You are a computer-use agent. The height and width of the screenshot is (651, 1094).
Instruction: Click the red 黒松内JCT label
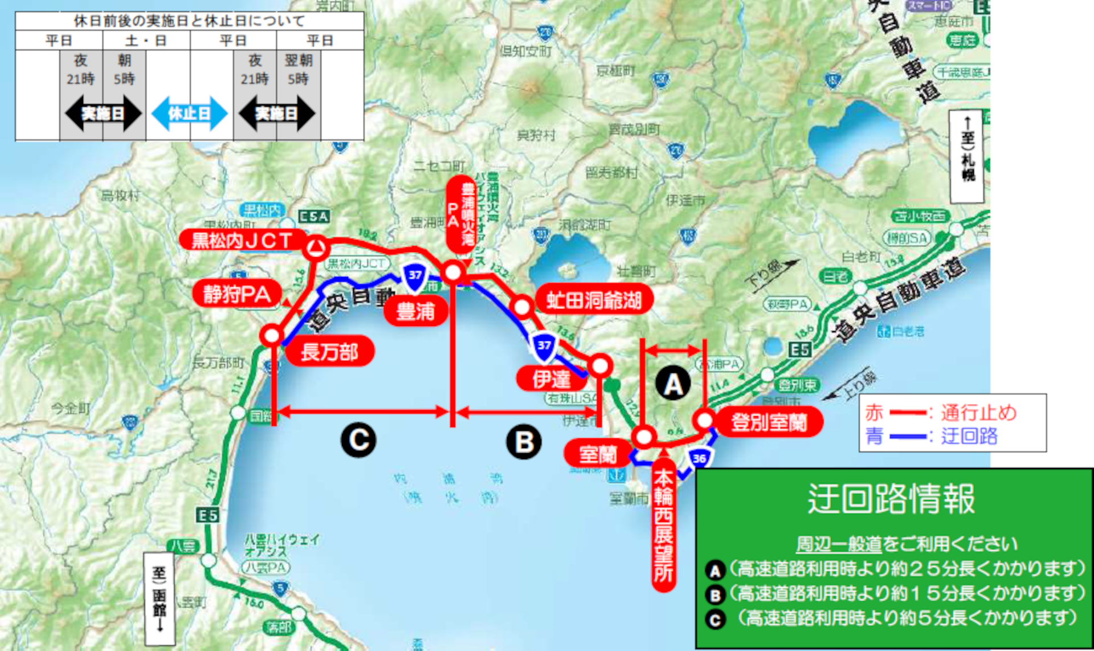tap(242, 240)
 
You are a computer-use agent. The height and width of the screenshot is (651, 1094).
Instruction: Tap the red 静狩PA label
tap(237, 294)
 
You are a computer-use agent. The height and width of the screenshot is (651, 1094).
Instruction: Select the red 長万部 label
tap(329, 352)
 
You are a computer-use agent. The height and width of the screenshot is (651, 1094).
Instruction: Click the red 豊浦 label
tap(415, 312)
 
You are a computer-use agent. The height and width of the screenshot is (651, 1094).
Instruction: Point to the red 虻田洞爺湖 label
tap(594, 300)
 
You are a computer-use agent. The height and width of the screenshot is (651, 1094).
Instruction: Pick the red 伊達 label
tap(551, 379)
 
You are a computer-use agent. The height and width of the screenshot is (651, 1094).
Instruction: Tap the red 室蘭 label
tap(598, 454)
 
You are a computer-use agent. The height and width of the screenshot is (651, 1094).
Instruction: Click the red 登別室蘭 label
tap(769, 422)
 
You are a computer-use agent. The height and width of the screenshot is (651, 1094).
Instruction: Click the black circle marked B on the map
tap(524, 442)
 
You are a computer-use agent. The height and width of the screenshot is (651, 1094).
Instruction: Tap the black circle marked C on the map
tap(358, 440)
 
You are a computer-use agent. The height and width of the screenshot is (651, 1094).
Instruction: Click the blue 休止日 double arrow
tap(189, 113)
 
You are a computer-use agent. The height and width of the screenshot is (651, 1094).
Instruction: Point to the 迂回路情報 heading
tap(892, 499)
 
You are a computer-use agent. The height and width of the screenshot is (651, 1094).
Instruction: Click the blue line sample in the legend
tap(908, 437)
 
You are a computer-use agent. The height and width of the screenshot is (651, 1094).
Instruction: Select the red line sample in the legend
tap(908, 412)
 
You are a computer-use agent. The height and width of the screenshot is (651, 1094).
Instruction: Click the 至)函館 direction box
tap(159, 598)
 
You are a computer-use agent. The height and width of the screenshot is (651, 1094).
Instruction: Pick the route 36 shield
tap(699, 458)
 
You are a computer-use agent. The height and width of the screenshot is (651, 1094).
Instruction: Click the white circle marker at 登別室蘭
tap(705, 420)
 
